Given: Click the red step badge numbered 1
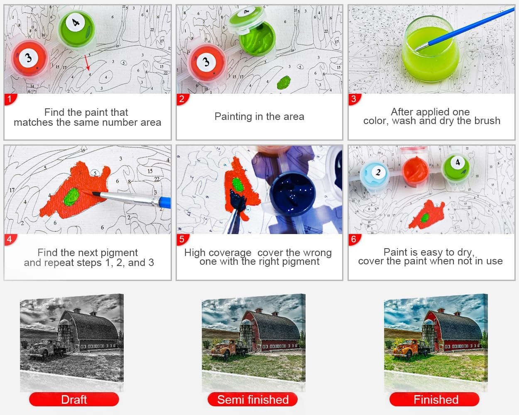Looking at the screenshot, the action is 10,99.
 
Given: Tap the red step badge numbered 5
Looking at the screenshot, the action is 182,239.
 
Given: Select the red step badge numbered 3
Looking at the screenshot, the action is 354,99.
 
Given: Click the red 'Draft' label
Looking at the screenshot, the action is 74,399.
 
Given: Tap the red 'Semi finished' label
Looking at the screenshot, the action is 253,399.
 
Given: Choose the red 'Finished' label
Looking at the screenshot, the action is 434,399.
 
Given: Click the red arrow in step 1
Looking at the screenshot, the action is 87,63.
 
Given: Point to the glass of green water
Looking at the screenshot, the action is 431,49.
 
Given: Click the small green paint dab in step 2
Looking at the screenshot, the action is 284,82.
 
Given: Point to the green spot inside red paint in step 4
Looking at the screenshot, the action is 71,197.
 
